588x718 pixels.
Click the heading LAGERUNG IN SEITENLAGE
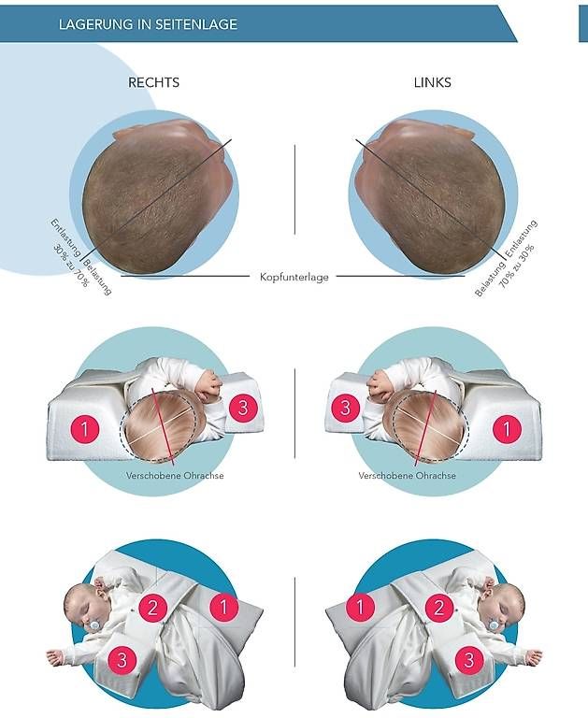(148, 24)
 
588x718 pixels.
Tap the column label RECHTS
(153, 82)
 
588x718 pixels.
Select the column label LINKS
(432, 82)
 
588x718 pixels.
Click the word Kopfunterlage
(294, 277)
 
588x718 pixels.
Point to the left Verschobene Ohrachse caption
(175, 475)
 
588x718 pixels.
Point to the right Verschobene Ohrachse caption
(407, 475)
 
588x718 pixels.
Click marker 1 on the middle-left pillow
(85, 429)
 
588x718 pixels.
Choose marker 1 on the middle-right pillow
(507, 429)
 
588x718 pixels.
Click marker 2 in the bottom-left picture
(152, 607)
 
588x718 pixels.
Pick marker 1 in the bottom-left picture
(224, 606)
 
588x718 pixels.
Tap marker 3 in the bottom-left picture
(122, 660)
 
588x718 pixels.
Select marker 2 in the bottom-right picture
(439, 607)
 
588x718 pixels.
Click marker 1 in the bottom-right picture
(360, 606)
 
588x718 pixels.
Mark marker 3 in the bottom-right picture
(469, 660)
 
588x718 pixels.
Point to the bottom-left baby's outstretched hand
(54, 656)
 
